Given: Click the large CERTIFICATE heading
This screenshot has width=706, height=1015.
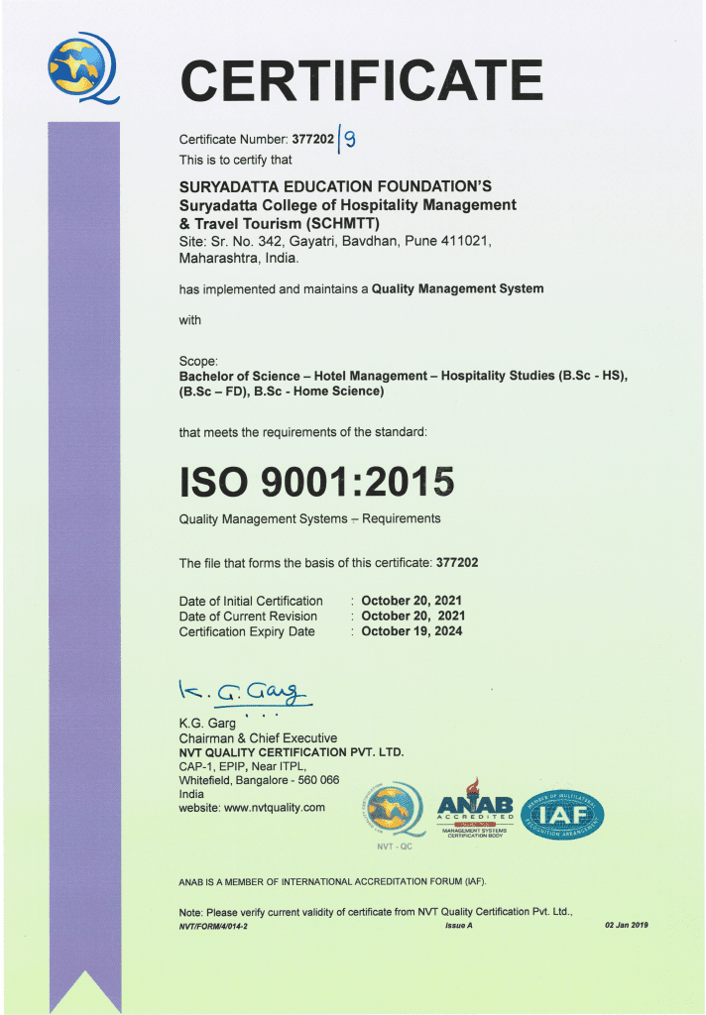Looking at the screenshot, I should (x=362, y=79).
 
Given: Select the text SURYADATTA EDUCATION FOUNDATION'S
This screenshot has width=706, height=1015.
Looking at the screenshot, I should (x=335, y=186).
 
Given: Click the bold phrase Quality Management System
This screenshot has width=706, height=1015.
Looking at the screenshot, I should (x=457, y=288).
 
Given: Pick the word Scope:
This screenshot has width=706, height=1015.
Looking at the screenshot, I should (x=197, y=360).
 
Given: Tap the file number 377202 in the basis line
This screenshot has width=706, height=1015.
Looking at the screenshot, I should (x=457, y=563).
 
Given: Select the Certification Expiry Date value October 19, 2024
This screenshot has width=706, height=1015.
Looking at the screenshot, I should (x=412, y=631).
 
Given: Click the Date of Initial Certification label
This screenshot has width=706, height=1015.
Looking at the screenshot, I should (x=251, y=601).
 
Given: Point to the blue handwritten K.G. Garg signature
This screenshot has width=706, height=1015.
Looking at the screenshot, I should (x=242, y=691).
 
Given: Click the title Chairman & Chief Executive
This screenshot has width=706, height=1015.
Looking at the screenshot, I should (x=258, y=738).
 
